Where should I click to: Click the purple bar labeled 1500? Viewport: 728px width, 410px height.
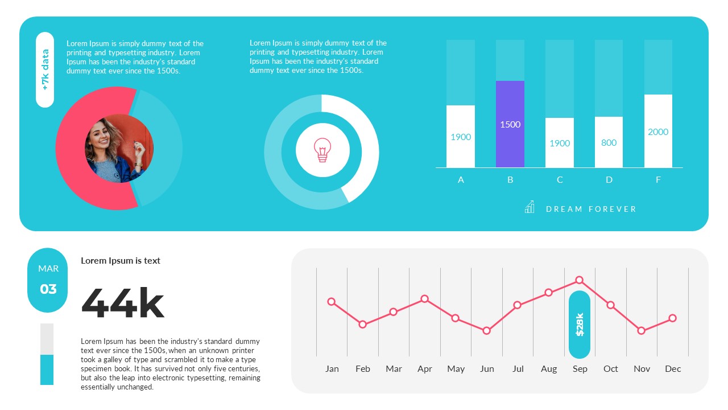point(510,124)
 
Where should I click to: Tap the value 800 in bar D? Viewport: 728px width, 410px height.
point(609,142)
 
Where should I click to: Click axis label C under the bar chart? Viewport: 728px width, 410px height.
point(560,180)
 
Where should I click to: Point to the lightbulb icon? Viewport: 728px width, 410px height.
point(322,150)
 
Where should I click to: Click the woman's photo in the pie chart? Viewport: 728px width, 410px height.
point(119,149)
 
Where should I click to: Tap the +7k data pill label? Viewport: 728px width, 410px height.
point(45,69)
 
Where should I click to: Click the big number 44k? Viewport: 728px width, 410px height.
point(123,304)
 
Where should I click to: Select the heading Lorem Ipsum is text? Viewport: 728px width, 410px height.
point(121,261)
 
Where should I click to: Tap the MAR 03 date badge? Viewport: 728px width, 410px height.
point(48,280)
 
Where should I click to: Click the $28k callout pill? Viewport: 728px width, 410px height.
point(580,324)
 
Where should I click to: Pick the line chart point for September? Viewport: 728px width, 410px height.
point(580,280)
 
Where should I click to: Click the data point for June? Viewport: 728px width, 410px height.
point(486,331)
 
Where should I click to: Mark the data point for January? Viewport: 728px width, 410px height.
point(332,302)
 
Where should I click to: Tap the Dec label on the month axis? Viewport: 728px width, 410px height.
point(673,369)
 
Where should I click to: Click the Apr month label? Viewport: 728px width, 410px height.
point(424,369)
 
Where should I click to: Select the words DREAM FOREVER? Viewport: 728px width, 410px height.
point(591,209)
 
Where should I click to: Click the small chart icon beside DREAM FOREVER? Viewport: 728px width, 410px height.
point(530,207)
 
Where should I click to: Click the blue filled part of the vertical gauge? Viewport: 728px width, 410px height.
point(47,370)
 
